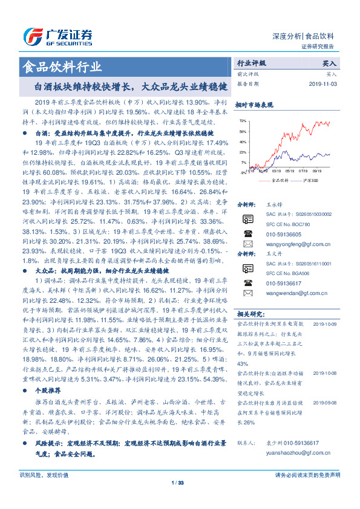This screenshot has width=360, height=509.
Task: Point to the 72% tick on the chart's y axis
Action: tap(243, 122)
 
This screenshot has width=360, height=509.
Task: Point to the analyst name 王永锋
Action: tap(275, 205)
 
